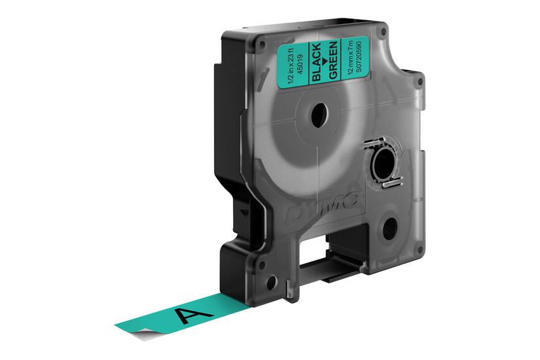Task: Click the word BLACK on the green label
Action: click(317, 62)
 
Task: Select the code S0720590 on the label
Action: click(357, 58)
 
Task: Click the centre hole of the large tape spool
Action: click(319, 115)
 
